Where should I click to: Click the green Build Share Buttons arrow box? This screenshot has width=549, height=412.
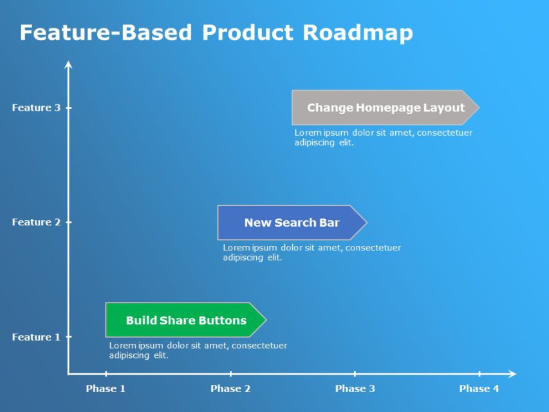click(185, 320)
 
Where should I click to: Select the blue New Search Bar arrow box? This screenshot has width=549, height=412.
click(292, 223)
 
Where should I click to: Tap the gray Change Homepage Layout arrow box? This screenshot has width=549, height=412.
click(385, 108)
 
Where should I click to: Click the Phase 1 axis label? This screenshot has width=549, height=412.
click(106, 388)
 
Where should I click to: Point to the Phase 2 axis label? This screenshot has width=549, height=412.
click(230, 388)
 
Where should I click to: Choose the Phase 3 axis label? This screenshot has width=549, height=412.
click(355, 388)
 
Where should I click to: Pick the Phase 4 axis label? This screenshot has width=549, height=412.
click(479, 388)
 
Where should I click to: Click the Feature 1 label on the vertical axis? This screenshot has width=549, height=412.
click(36, 337)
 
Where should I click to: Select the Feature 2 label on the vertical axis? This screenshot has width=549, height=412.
click(36, 222)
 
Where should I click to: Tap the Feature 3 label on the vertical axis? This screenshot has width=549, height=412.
click(36, 108)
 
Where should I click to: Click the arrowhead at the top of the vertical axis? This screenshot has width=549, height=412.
click(68, 64)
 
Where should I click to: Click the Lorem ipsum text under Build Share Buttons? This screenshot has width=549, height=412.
click(198, 350)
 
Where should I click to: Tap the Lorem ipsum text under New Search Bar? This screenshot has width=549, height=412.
click(312, 252)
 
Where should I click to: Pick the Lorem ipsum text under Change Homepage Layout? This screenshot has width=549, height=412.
click(383, 137)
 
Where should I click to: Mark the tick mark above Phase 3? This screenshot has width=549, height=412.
click(355, 373)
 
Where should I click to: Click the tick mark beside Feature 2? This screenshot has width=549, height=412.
click(68, 222)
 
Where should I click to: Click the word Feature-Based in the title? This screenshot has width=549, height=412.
click(106, 32)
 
